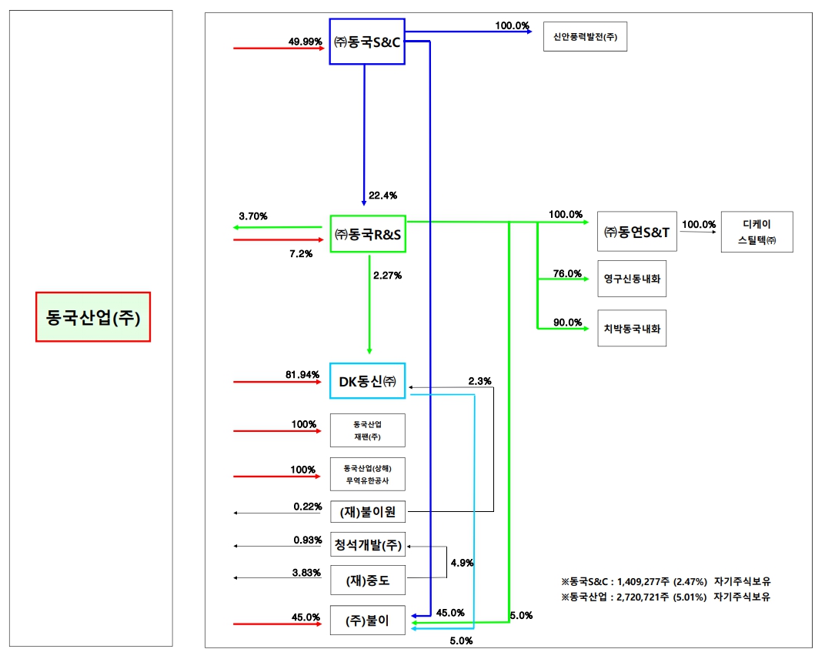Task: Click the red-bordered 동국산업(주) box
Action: click(x=93, y=316)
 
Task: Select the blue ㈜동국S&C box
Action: click(x=367, y=42)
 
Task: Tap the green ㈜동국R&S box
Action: click(x=367, y=234)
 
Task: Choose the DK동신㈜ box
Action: click(x=367, y=380)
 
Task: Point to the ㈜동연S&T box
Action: click(x=637, y=232)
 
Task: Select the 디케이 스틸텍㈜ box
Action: click(x=757, y=232)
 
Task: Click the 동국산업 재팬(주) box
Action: click(x=367, y=430)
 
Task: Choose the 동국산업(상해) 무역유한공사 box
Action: click(x=367, y=474)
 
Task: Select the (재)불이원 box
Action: click(x=367, y=511)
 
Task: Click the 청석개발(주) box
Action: click(x=367, y=545)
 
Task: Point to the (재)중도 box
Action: click(x=367, y=580)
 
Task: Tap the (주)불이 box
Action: click(x=367, y=621)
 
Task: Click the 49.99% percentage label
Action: click(x=306, y=42)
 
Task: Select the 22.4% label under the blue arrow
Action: click(x=383, y=196)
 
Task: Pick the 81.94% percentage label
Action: click(x=302, y=375)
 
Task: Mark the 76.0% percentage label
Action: click(x=566, y=273)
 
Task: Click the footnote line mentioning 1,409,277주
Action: click(x=666, y=581)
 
